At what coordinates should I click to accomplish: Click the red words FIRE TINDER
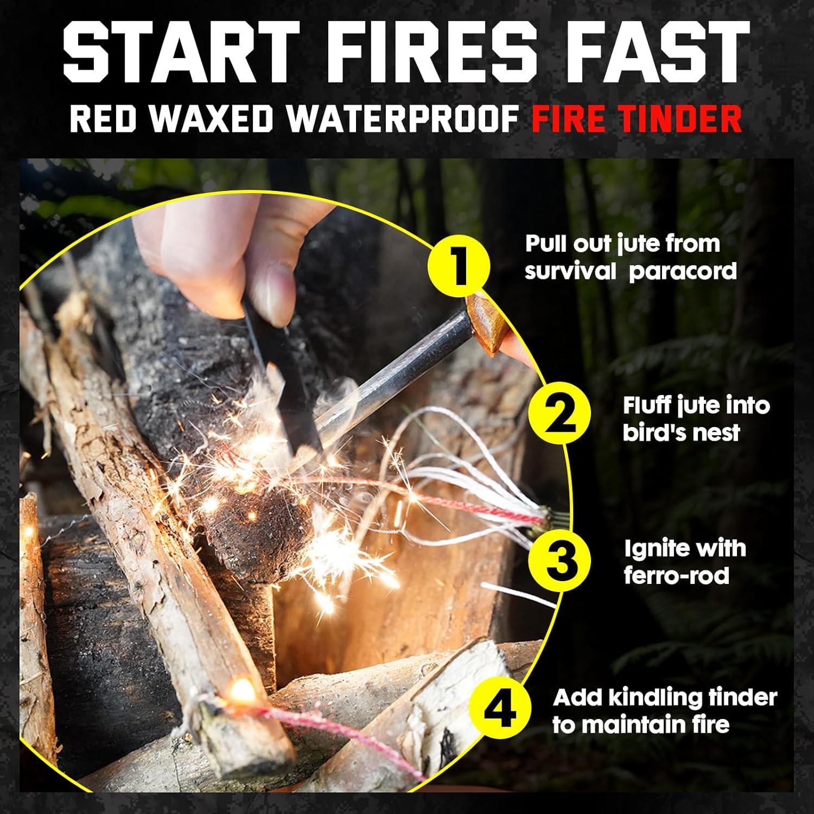(637, 119)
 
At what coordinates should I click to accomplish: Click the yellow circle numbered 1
(459, 266)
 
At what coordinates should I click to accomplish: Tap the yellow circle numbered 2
(559, 416)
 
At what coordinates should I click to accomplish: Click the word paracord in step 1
(683, 271)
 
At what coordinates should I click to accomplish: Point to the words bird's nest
(681, 433)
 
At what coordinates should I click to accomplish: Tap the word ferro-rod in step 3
(676, 575)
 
